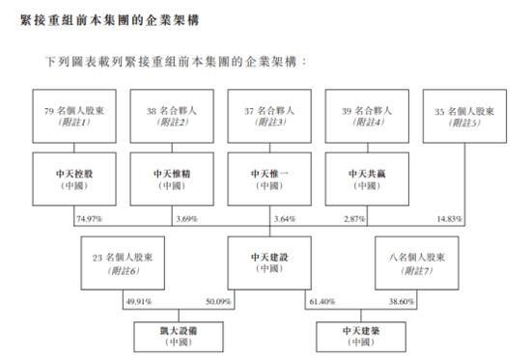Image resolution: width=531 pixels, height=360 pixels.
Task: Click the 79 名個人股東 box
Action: tap(73, 116)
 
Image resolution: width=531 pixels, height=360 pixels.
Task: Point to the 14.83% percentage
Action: tap(450, 220)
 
